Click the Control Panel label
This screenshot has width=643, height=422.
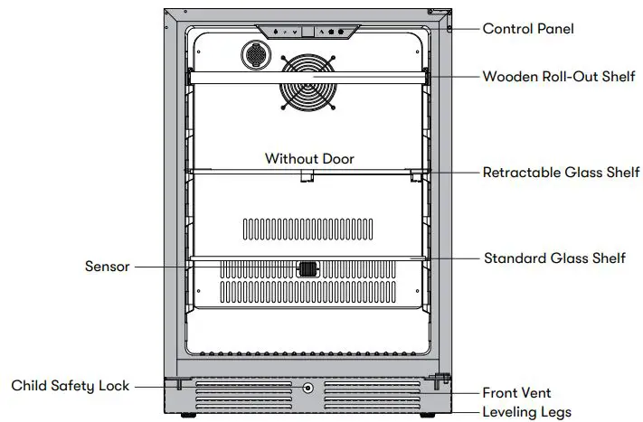click(x=528, y=29)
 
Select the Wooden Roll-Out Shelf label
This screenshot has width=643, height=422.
click(x=558, y=76)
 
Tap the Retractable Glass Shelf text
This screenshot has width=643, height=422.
click(x=561, y=172)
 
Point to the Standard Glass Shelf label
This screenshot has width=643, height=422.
click(x=554, y=258)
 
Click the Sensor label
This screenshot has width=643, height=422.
click(x=108, y=267)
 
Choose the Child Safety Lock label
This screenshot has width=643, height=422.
click(x=71, y=386)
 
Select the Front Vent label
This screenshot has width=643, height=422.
click(x=517, y=393)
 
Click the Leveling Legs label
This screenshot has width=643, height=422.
click(x=526, y=412)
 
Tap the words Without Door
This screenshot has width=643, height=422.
click(x=309, y=159)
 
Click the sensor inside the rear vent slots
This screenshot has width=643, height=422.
click(x=308, y=268)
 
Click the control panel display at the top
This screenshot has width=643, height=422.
click(x=307, y=32)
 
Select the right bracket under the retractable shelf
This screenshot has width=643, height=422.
click(x=417, y=175)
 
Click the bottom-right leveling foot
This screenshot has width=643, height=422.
click(x=430, y=416)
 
